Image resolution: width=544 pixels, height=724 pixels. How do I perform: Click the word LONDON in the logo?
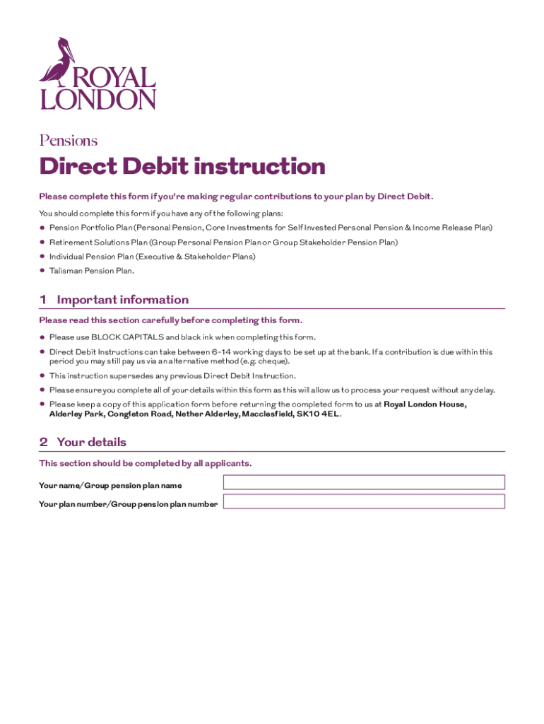(97, 100)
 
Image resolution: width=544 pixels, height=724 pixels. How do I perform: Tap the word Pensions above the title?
(68, 141)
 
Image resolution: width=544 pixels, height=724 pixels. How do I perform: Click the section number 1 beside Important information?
(43, 300)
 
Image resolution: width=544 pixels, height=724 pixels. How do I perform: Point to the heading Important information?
(122, 300)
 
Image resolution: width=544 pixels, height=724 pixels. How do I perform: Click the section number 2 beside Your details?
(43, 443)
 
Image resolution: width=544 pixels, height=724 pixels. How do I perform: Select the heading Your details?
(91, 443)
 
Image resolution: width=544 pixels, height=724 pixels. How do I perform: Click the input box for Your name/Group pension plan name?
(364, 482)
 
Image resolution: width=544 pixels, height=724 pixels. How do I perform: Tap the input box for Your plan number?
(364, 501)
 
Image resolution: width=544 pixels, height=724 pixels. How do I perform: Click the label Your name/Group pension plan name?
(110, 486)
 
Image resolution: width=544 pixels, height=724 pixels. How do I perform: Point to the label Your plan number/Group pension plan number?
(129, 504)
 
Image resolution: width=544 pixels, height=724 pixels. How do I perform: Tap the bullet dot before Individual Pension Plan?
(42, 257)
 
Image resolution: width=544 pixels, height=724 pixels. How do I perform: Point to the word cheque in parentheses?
(273, 361)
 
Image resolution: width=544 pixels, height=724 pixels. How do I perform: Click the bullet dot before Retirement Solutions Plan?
(42, 243)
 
